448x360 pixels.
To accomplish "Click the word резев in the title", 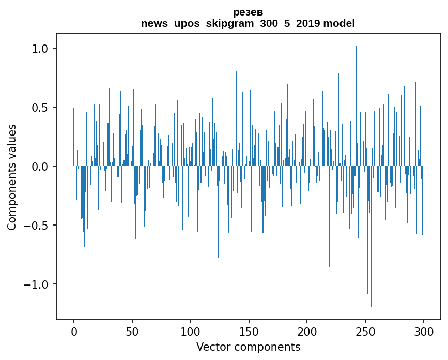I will pos(248,12).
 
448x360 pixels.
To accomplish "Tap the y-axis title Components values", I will pos(12,177).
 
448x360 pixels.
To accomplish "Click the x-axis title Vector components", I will pos(248,347).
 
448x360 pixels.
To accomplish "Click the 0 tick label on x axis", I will pos(74,332).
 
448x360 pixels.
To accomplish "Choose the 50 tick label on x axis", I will pos(132,332).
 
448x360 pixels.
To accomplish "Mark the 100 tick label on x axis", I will pos(190,332).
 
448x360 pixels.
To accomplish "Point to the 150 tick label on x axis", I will pos(249,332).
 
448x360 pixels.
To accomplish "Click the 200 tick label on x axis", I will pos(307,332).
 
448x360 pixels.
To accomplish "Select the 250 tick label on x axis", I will pos(365,332).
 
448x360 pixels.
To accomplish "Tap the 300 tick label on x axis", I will pos(424,332).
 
